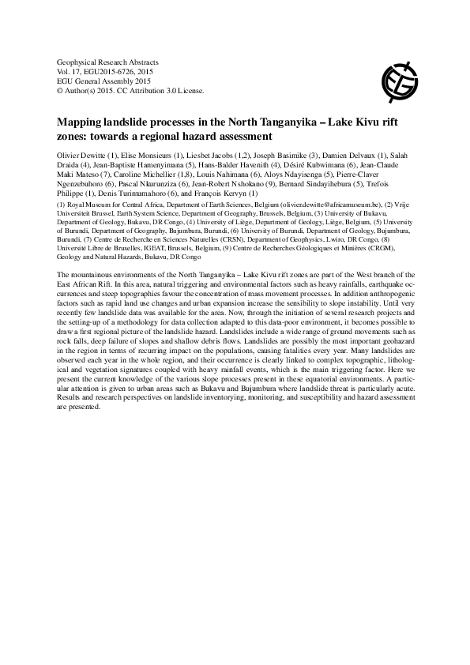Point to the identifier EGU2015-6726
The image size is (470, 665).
click(116, 71)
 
